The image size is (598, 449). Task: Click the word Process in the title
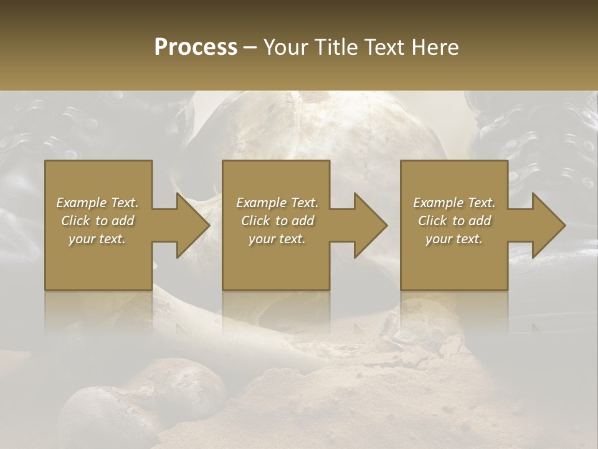pos(196,47)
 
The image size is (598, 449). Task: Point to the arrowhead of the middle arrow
pos(370,225)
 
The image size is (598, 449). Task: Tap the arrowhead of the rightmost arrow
pos(548,225)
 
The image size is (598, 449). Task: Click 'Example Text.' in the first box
pos(97,203)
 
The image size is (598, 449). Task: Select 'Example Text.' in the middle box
pos(277,203)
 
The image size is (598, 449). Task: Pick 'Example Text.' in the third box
pos(454,203)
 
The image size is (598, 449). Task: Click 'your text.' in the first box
pos(97,239)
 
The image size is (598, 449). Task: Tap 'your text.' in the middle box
pos(277,239)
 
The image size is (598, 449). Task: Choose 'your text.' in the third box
pos(454,239)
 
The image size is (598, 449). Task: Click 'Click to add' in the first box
pos(97,221)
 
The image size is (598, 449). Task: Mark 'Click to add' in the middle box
pos(277,221)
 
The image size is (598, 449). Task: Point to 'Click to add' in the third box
pos(454,221)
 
